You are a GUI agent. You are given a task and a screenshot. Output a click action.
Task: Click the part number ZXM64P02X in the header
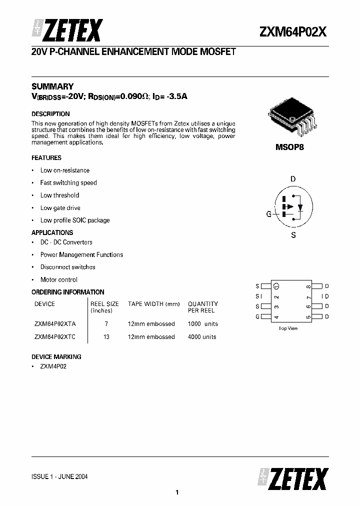293,32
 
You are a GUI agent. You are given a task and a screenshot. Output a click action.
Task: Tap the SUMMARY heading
52,86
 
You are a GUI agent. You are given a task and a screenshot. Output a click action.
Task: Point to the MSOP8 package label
289,147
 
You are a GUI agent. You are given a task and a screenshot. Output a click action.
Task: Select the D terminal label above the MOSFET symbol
293,179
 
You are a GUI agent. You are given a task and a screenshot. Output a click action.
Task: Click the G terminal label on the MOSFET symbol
268,214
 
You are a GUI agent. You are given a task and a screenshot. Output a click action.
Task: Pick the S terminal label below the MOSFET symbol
293,235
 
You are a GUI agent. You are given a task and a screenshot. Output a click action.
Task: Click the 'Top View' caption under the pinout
288,328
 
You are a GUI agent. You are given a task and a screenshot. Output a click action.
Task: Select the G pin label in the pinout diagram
257,317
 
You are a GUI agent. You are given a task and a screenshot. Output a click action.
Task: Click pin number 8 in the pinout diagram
309,286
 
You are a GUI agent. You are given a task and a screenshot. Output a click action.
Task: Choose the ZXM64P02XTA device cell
55,324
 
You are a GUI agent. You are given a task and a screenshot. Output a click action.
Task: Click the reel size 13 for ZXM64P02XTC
106,337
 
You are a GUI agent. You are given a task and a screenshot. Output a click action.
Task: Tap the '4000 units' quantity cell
202,337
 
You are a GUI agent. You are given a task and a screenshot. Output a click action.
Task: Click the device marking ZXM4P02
53,366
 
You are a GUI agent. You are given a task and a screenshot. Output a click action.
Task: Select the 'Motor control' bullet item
59,280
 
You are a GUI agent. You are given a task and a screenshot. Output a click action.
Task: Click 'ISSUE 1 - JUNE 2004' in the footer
59,476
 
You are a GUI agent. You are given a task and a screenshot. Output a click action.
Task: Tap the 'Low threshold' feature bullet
59,195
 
